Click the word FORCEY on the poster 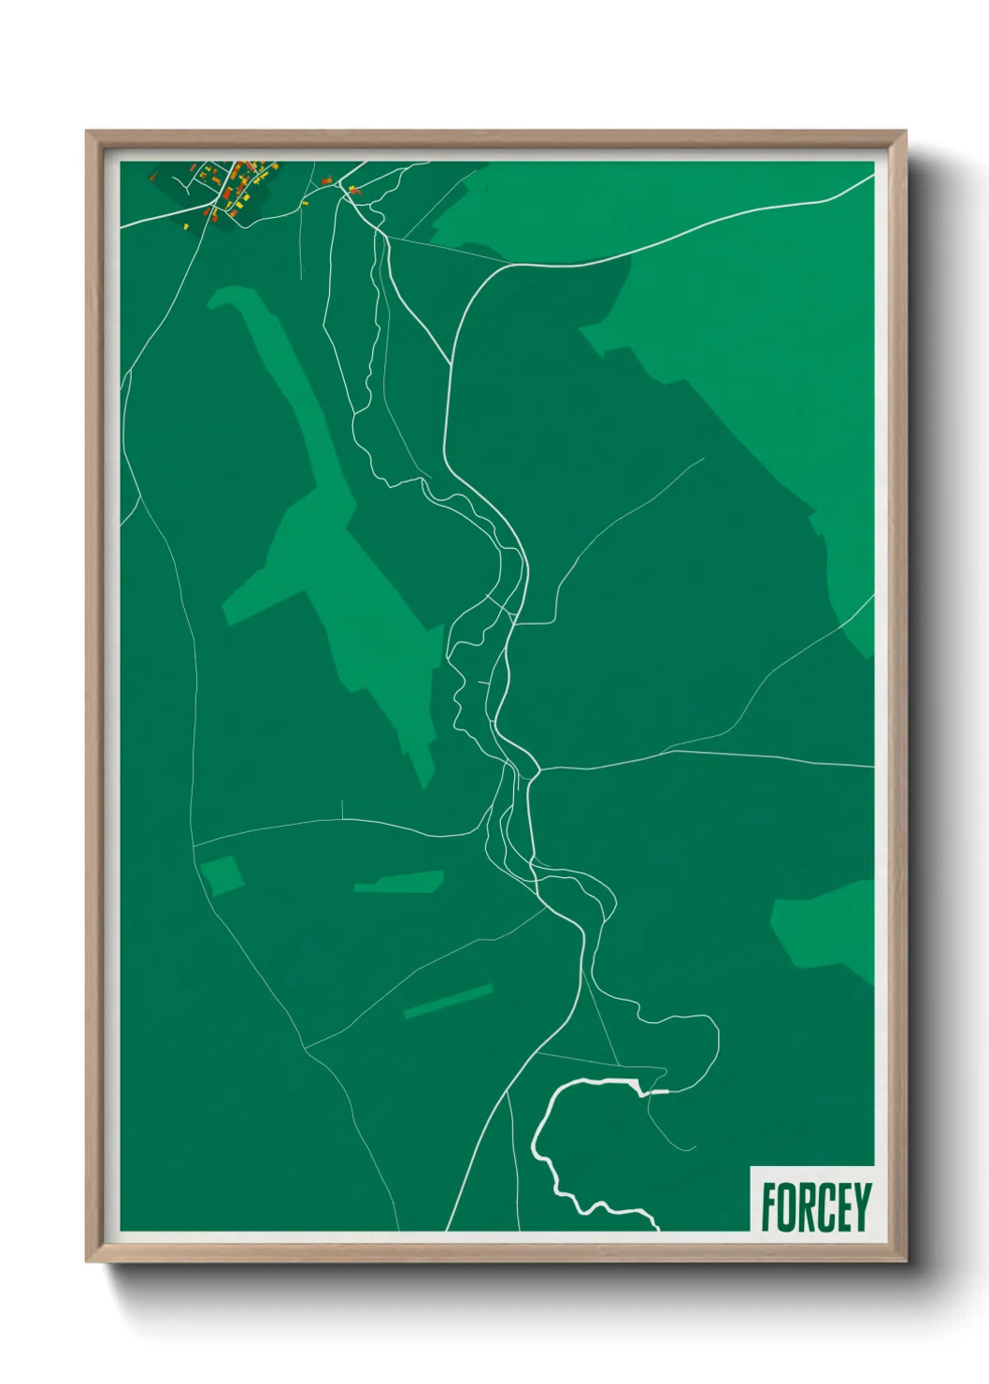(815, 1206)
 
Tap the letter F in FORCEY (768, 1206)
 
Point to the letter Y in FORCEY (862, 1206)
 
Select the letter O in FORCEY (787, 1206)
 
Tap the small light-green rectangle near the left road (222, 875)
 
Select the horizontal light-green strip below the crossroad (399, 882)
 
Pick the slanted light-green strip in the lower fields (448, 1001)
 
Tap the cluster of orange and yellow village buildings (238, 182)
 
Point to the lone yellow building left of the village (186, 225)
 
